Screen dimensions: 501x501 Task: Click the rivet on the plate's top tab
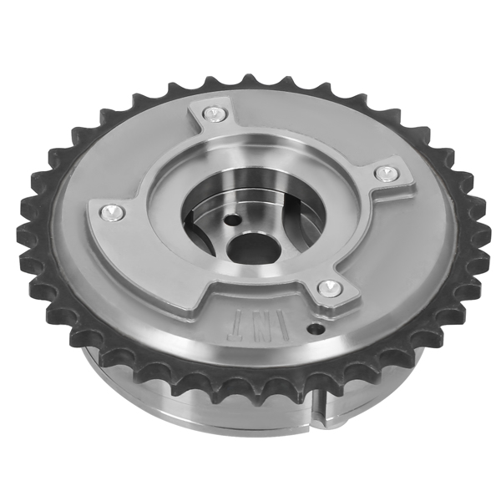(215, 114)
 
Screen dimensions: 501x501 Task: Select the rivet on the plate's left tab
(112, 212)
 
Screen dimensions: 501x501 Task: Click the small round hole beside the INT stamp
(316, 328)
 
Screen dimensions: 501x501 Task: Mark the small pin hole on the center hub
(233, 220)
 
